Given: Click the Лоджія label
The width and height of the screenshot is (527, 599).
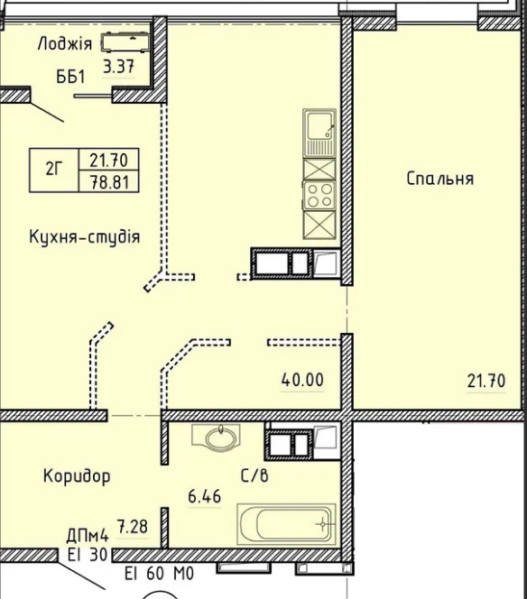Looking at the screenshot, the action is pos(65,44).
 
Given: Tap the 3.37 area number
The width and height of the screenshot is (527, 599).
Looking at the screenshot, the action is pos(119,67).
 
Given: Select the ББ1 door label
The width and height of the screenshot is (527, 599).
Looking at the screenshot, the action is pos(70,78).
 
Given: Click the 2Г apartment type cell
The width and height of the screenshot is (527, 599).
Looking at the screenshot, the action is pos(54,170).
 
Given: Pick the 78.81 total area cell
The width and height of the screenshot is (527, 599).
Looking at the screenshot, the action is pos(109,181).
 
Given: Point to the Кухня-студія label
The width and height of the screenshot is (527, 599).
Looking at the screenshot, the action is pos(85,237).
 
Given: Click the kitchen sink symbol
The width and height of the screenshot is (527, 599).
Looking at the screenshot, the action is pos(319,133).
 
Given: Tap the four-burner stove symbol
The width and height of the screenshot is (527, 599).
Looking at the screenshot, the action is pos(319,195).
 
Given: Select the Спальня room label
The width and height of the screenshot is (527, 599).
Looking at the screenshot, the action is pos(439,179).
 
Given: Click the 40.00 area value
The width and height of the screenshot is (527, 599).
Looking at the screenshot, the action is pos(302,380).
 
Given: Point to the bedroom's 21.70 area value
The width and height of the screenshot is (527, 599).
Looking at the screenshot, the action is pos(486,381).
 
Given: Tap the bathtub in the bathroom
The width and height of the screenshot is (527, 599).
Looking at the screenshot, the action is pos(286,524).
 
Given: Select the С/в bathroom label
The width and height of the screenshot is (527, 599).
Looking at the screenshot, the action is pos(254,475).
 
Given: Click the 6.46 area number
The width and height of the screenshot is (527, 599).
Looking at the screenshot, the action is pos(205,497).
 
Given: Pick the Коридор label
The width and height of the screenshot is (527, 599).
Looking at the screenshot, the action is pos(77,476).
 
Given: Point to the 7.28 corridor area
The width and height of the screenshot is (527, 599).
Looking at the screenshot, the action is pos(133,527).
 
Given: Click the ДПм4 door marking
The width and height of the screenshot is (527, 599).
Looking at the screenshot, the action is pos(88,536).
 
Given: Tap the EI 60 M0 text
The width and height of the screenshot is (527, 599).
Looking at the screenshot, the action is pos(160,574).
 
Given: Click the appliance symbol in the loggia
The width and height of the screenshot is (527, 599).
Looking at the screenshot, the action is pos(125,42).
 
